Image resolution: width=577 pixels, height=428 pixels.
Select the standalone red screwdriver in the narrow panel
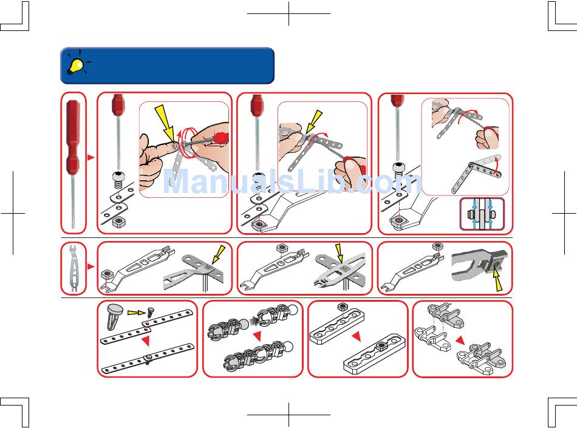click(73, 163)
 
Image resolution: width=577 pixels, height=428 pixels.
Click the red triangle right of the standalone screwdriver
click(91, 158)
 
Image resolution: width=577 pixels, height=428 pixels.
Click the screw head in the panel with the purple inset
click(400, 167)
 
